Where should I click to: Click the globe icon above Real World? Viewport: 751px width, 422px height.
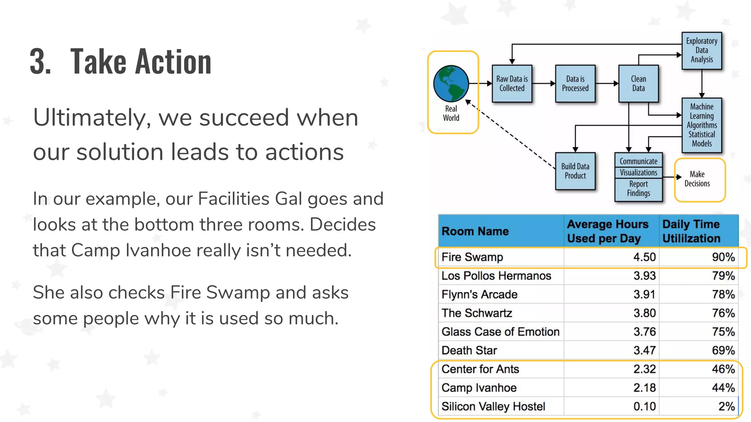tap(451, 84)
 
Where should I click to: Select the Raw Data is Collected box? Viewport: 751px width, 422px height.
tap(512, 84)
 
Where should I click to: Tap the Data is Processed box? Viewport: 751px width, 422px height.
tap(575, 84)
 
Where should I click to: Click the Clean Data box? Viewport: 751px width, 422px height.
tap(638, 84)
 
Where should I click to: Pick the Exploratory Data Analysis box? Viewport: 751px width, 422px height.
tap(701, 51)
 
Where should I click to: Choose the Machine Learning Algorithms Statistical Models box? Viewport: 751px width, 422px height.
tap(701, 125)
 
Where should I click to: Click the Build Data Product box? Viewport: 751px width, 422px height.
tap(575, 171)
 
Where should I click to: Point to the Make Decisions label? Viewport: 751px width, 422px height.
tap(697, 179)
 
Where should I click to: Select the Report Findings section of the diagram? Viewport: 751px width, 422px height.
tap(638, 189)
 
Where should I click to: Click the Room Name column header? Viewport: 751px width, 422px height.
tap(475, 232)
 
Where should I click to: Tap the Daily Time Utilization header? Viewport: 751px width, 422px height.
tap(691, 231)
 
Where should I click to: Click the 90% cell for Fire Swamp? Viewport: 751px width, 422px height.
tap(723, 257)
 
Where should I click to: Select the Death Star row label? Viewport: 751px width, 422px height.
tap(469, 351)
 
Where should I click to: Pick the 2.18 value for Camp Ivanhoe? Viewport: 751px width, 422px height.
tap(644, 388)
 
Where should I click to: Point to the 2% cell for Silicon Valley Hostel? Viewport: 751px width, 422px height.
tap(726, 407)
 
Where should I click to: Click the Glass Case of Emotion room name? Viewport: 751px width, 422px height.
tap(500, 332)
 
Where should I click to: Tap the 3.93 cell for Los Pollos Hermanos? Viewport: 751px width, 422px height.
tap(644, 276)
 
